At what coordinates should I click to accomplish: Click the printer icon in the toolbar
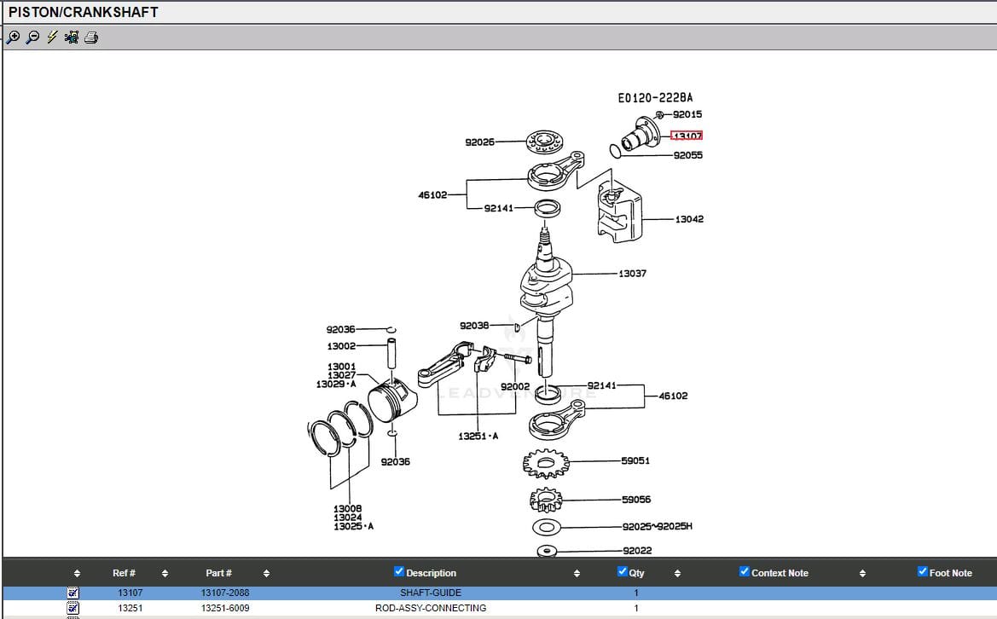(91, 37)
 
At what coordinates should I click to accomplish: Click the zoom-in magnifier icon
(13, 37)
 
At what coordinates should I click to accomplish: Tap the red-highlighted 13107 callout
(687, 136)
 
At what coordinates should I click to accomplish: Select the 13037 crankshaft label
(632, 274)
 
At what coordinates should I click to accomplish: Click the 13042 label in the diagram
(689, 219)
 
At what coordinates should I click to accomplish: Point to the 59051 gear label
(635, 460)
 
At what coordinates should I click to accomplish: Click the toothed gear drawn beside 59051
(545, 463)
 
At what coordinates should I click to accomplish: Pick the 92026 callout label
(479, 142)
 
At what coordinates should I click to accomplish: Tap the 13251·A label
(478, 436)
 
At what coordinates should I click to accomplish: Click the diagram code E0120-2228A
(655, 98)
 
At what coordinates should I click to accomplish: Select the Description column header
(431, 573)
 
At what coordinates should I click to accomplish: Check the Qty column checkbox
(623, 571)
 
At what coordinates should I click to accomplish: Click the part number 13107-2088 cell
(225, 593)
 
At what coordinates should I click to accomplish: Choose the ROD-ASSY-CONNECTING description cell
(431, 608)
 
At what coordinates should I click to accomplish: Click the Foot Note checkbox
(923, 571)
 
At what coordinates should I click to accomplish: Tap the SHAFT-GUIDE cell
(431, 593)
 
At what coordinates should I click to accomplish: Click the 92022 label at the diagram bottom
(637, 551)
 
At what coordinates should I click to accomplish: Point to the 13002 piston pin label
(341, 346)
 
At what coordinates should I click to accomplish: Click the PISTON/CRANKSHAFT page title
(84, 12)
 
